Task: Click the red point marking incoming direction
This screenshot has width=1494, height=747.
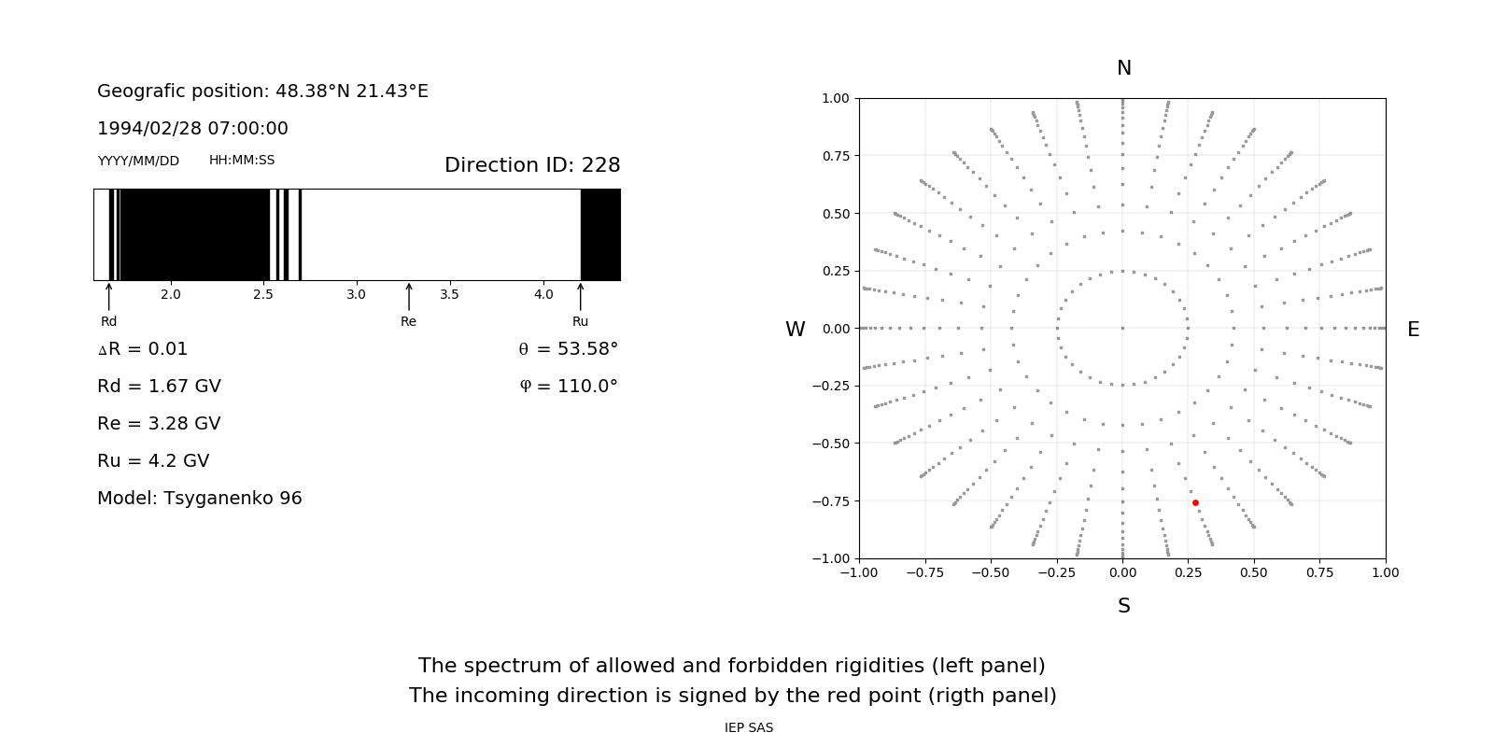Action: [x=1195, y=502]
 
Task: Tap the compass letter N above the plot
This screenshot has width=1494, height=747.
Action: [x=1124, y=68]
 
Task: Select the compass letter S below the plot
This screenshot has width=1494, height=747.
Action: [x=1124, y=606]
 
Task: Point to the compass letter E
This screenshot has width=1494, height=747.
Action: [x=1413, y=330]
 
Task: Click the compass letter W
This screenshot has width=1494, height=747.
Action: [x=795, y=330]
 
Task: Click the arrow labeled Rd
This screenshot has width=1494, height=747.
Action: [x=109, y=297]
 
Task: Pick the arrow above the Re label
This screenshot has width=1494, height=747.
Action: [x=409, y=297]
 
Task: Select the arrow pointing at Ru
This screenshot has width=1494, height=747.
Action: [x=581, y=297]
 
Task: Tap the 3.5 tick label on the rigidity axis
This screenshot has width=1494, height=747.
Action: [x=449, y=294]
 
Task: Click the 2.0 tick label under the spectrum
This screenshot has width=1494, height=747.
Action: [x=170, y=294]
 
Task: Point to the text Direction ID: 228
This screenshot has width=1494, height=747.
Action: [x=532, y=165]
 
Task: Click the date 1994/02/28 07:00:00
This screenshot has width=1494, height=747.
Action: [x=192, y=129]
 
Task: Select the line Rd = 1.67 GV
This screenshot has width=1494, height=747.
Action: [x=159, y=387]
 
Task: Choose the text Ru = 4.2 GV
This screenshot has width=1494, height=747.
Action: [x=153, y=461]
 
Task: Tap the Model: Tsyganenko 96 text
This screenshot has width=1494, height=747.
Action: [x=200, y=499]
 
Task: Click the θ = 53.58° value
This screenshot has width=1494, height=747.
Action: [x=568, y=349]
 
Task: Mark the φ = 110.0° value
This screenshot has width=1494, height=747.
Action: [x=569, y=387]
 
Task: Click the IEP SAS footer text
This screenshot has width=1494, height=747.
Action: [x=749, y=728]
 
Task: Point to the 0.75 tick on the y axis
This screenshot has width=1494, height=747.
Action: [x=836, y=156]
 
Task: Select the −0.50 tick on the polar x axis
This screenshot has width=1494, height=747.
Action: [x=991, y=572]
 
